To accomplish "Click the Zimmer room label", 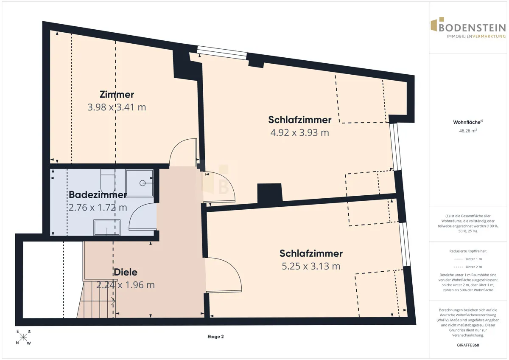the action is [x=117, y=95].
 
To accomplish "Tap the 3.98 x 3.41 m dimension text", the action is [x=117, y=107].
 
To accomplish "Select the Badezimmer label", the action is [x=98, y=195].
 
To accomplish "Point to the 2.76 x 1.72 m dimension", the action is [x=98, y=208].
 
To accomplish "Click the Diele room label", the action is [x=126, y=272].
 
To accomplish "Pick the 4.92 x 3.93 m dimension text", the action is [x=300, y=132].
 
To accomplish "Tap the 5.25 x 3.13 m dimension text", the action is [x=311, y=266].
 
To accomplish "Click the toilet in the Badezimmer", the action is [x=108, y=181].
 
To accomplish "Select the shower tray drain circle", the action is [x=143, y=183].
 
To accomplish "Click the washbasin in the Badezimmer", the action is [x=107, y=228].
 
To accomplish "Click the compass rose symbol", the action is [x=23, y=337].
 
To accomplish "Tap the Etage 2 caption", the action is [x=215, y=337].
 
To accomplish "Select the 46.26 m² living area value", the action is [x=468, y=131].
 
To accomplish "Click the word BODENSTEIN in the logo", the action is [x=472, y=28].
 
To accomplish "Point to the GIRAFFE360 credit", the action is [x=468, y=345].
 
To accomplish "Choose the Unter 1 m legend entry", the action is [x=468, y=259].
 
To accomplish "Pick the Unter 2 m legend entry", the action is [x=468, y=267].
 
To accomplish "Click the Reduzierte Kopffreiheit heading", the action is [x=468, y=251].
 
